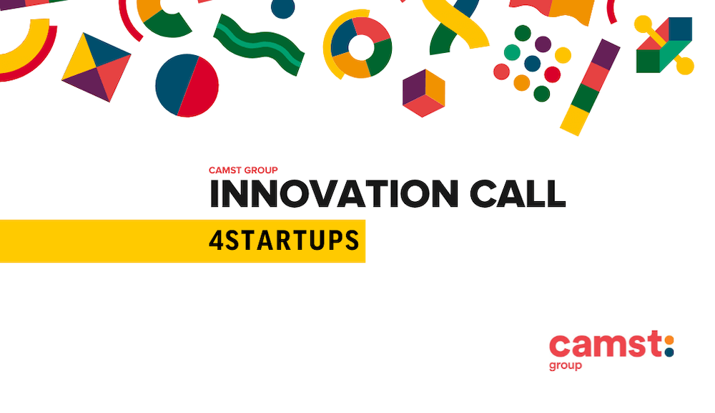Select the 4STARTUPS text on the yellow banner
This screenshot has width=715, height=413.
tap(284, 240)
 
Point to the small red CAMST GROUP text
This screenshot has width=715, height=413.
tap(243, 170)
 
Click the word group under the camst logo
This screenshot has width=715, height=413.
tap(566, 366)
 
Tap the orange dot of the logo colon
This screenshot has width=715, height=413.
tap(669, 341)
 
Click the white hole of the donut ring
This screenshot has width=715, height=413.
tap(361, 47)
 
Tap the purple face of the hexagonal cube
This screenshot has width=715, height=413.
tap(413, 87)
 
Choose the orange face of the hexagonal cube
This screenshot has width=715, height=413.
tap(435, 87)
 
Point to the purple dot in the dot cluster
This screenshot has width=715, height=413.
tap(543, 44)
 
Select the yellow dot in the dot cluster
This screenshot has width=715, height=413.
tap(563, 55)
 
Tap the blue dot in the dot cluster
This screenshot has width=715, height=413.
tap(532, 64)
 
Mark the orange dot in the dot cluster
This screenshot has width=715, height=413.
tap(522, 83)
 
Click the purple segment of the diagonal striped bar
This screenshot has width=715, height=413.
tap(606, 55)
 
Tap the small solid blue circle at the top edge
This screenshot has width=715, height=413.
tap(282, 8)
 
